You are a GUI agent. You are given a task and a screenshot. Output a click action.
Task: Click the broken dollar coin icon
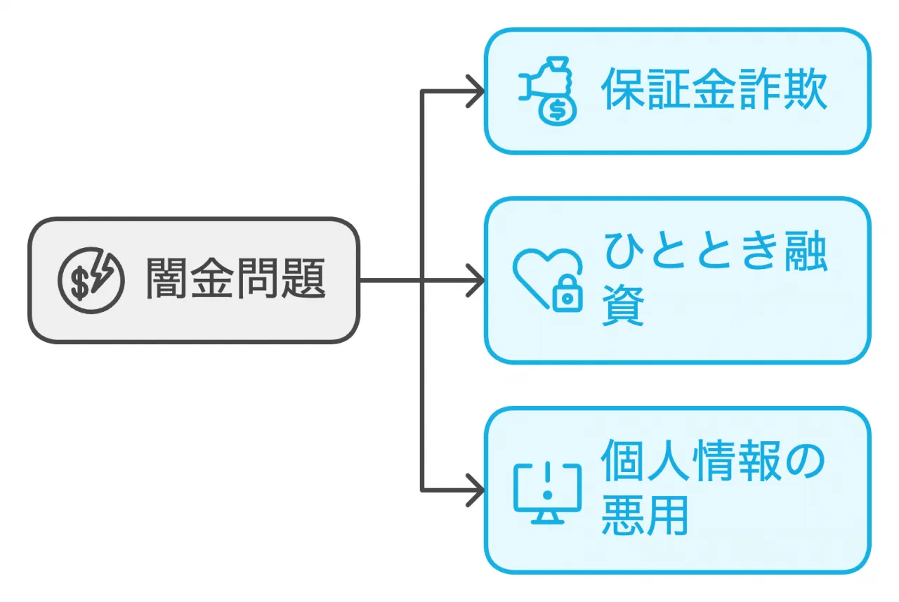[90, 280]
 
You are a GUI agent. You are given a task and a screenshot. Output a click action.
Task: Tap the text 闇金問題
[235, 280]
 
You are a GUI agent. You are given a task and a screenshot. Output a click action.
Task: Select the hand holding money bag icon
[547, 91]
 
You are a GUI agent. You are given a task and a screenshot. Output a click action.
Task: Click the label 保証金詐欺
[714, 91]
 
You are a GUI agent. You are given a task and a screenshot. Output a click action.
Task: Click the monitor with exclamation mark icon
[547, 492]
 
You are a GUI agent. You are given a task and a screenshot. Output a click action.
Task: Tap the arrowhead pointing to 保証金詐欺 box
[475, 91]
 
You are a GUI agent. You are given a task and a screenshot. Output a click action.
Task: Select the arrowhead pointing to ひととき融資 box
[475, 280]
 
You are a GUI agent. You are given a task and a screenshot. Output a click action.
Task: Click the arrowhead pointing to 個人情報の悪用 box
[475, 490]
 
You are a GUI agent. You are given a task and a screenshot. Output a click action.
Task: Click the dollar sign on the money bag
[557, 110]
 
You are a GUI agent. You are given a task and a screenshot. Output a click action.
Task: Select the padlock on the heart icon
[567, 296]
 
